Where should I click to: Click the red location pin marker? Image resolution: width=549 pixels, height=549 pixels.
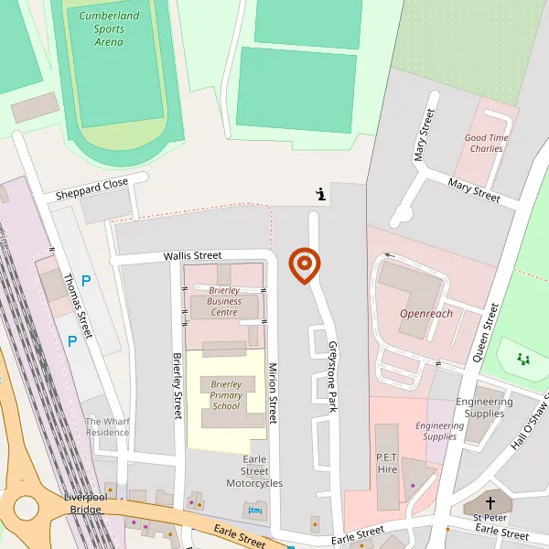[x=305, y=265]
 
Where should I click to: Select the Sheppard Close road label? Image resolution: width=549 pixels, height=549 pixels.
[x=91, y=189]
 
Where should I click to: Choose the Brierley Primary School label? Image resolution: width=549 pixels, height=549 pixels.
[x=226, y=395]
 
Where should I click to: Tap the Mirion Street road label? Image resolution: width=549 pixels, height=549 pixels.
[x=272, y=393]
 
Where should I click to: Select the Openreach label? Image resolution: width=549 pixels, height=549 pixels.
[x=426, y=314]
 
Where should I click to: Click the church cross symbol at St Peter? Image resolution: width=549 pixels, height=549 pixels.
[x=490, y=503]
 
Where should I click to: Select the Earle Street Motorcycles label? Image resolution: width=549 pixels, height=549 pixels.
[x=254, y=471]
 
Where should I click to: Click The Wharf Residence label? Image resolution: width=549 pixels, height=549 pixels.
[x=107, y=426]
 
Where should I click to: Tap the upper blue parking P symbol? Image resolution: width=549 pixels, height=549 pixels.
[x=86, y=282]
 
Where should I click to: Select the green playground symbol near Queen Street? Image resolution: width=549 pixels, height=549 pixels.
[x=522, y=360]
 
